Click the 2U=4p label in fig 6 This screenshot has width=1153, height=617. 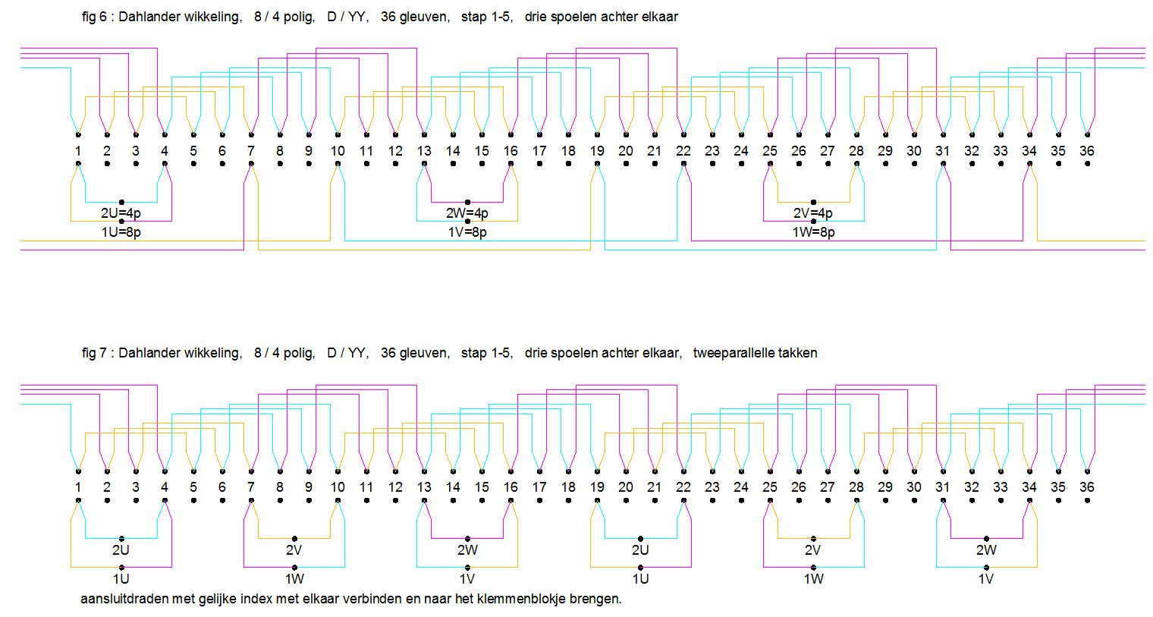point(121,213)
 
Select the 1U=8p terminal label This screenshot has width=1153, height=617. point(121,232)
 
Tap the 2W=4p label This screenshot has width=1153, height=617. point(468,213)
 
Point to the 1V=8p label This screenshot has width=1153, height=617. point(467,232)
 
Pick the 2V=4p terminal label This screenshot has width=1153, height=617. point(813,213)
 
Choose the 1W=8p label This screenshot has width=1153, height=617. point(813,232)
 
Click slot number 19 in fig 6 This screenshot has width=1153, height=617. point(597,151)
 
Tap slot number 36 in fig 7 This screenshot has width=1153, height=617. point(1087,487)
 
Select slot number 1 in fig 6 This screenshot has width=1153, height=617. point(78,151)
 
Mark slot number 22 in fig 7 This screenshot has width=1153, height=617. point(683,487)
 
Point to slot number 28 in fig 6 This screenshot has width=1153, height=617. point(856,151)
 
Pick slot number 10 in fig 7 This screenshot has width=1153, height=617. point(338,487)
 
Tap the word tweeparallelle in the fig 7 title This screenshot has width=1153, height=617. point(730,353)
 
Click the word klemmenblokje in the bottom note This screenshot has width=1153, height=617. point(520,599)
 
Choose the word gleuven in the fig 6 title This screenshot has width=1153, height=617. point(426,16)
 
